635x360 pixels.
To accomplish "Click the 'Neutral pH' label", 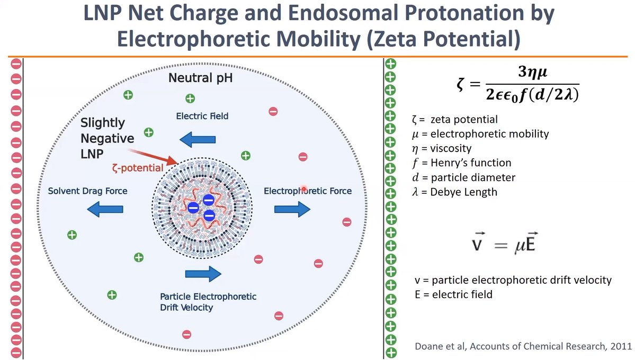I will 200,79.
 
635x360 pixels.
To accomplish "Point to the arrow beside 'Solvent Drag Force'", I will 104,210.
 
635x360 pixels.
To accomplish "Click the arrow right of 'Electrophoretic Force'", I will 292,210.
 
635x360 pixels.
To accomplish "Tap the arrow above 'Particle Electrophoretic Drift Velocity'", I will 203,274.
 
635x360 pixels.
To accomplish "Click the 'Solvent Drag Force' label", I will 87,191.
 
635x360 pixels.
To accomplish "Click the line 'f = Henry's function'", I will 461,163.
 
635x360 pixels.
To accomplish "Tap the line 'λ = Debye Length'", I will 454,192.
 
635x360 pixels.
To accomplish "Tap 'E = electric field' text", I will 453,294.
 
